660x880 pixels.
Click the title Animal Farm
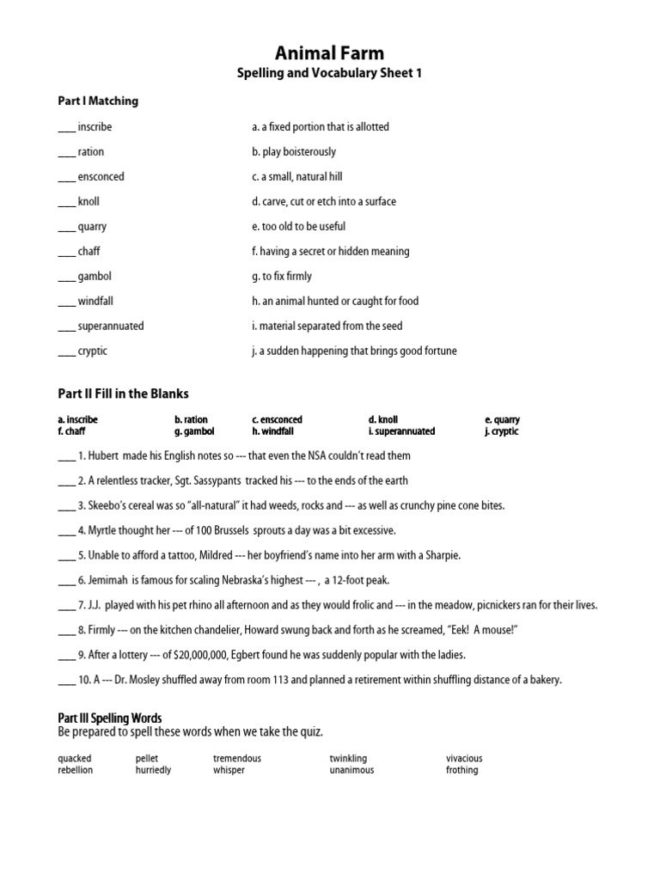pyautogui.click(x=329, y=53)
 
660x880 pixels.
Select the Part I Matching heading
pyautogui.click(x=98, y=101)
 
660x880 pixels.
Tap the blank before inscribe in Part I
pyautogui.click(x=66, y=128)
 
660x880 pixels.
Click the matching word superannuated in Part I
pyautogui.click(x=111, y=327)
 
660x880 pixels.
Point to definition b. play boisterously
pyautogui.click(x=294, y=152)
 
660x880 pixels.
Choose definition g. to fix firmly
pyautogui.click(x=282, y=277)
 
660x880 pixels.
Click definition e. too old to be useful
pyautogui.click(x=298, y=227)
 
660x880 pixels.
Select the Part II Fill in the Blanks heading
pyautogui.click(x=123, y=394)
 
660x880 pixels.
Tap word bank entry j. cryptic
pyautogui.click(x=502, y=431)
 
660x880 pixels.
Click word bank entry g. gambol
pyautogui.click(x=194, y=431)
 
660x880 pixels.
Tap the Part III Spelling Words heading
pyautogui.click(x=109, y=718)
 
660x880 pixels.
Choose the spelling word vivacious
pyautogui.click(x=464, y=759)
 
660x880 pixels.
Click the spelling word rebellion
pyautogui.click(x=76, y=770)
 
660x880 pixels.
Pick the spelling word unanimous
pyautogui.click(x=351, y=770)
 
